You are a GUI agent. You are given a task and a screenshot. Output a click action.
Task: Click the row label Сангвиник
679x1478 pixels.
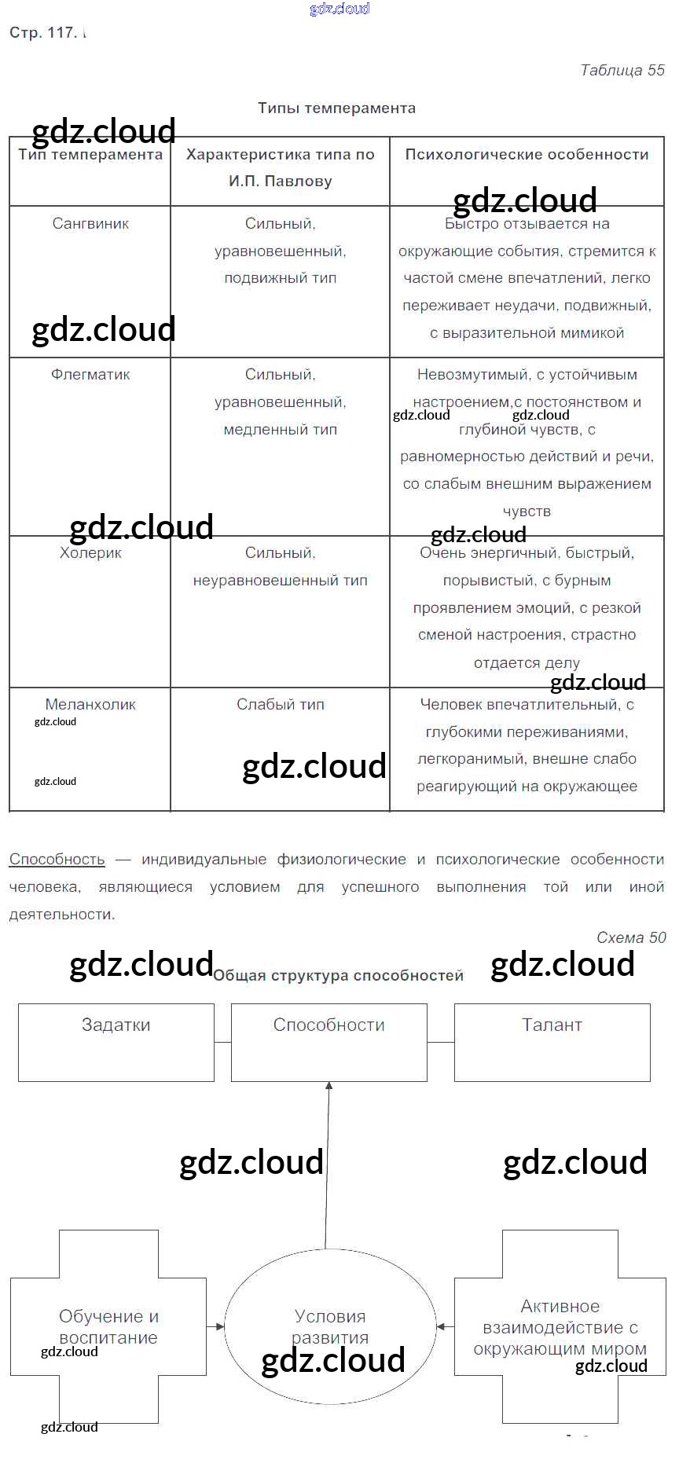click(90, 224)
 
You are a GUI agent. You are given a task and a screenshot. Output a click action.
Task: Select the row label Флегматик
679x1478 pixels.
click(90, 375)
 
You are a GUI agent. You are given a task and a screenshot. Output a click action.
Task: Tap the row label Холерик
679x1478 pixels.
click(90, 553)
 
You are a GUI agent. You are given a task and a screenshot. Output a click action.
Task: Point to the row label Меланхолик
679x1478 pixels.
click(90, 705)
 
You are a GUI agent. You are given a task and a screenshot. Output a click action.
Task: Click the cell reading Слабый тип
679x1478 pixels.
click(281, 705)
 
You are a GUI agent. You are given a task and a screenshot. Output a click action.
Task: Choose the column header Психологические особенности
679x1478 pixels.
click(527, 155)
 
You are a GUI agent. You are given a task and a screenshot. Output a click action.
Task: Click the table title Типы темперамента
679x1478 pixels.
click(336, 108)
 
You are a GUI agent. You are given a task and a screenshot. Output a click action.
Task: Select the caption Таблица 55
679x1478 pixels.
click(622, 71)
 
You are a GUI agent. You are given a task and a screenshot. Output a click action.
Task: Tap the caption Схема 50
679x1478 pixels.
click(630, 937)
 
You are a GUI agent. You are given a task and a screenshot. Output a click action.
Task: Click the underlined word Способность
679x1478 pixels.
click(57, 860)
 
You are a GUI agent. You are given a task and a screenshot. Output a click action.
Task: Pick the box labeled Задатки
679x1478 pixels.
click(116, 1042)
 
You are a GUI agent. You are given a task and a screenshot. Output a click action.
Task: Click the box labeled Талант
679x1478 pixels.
click(552, 1042)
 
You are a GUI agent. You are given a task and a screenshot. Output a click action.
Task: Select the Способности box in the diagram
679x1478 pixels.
click(329, 1042)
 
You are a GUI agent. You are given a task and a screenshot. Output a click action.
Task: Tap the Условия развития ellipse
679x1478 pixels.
click(330, 1326)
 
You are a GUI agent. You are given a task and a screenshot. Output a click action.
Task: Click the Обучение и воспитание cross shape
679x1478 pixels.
click(108, 1326)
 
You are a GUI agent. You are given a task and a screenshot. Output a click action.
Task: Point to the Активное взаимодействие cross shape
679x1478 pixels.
click(560, 1326)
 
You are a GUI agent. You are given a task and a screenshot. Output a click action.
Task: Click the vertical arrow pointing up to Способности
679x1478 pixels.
click(327, 1163)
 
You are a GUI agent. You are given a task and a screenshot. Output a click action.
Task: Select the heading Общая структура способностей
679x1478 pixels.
click(338, 976)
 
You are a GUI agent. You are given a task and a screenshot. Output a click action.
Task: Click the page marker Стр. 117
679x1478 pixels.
click(42, 33)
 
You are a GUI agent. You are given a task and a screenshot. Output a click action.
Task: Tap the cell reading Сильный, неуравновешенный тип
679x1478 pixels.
click(281, 567)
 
